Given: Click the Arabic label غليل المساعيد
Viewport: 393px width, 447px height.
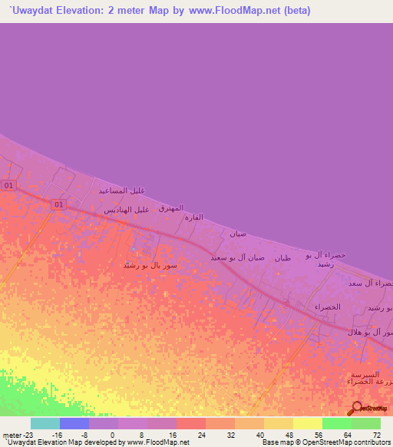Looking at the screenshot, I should click(x=122, y=190).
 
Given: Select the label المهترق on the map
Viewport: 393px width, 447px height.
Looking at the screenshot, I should click(x=170, y=208).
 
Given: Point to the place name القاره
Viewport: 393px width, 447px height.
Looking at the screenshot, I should click(x=193, y=217).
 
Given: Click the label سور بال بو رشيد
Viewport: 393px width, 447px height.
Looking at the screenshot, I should click(x=151, y=265).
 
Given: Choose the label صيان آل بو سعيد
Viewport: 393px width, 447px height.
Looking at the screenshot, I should click(x=238, y=257).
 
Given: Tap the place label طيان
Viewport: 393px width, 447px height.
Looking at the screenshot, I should click(x=282, y=258).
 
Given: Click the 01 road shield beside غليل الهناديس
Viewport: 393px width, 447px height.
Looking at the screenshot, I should click(x=58, y=204).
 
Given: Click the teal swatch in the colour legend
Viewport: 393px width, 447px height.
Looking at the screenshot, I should click(x=45, y=423).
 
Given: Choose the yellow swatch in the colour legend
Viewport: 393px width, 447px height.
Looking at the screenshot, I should click(x=308, y=423).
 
